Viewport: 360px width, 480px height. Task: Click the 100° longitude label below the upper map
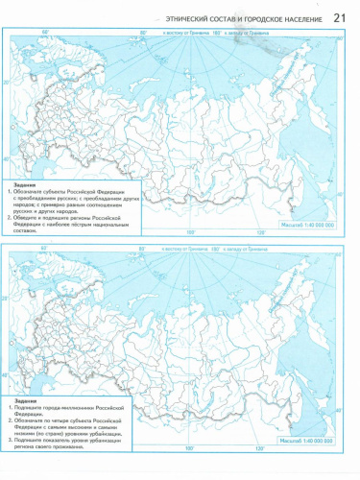point(190,231)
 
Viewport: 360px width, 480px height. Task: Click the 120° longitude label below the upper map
point(259,231)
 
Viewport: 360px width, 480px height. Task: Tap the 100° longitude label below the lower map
point(190,447)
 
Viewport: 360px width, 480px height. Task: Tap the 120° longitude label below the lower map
point(259,447)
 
